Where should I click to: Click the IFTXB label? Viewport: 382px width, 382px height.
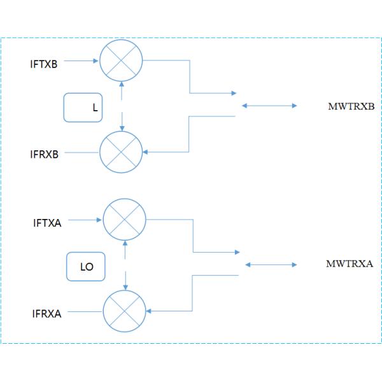[x=44, y=64]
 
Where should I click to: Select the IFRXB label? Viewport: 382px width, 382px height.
[x=44, y=154]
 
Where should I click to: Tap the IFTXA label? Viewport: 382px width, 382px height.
[x=47, y=223]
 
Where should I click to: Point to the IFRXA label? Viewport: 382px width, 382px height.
[x=46, y=314]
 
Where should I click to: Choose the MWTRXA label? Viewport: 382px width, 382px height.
[x=349, y=264]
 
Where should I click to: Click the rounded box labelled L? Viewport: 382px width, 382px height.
[x=83, y=108]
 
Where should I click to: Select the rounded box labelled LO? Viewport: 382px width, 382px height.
[x=86, y=267]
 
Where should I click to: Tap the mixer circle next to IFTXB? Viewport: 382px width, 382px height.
[x=121, y=60]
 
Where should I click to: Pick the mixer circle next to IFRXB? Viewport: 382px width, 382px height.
[x=121, y=153]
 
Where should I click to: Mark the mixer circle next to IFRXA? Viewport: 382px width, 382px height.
[x=124, y=311]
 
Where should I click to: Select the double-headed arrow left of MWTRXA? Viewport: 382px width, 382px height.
[x=270, y=264]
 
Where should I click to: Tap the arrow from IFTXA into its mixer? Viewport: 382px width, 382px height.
[x=85, y=220]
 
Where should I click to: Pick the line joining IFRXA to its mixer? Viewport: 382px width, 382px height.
[x=85, y=312]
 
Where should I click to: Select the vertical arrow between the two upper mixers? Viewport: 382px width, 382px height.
[x=121, y=106]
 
